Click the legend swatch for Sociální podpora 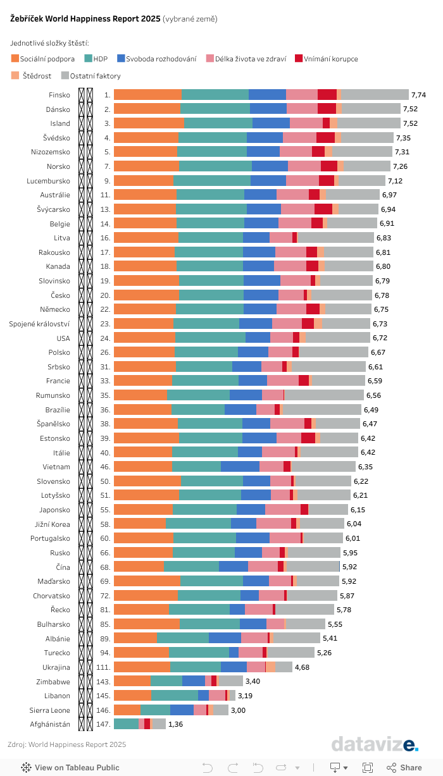pyautogui.click(x=15, y=59)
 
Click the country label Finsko pyautogui.click(x=59, y=95)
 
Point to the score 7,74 pyautogui.click(x=418, y=95)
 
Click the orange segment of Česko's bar pyautogui.click(x=146, y=295)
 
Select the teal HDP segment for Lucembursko pyautogui.click(x=211, y=180)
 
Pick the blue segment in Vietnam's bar pyautogui.click(x=240, y=467)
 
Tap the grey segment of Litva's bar pyautogui.click(x=335, y=237)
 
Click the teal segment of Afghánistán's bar pyautogui.click(x=126, y=724)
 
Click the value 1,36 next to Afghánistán pyautogui.click(x=175, y=724)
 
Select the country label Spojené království pyautogui.click(x=39, y=323)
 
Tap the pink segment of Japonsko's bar pyautogui.click(x=282, y=510)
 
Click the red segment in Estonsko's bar pyautogui.click(x=308, y=438)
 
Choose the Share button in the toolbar pyautogui.click(x=404, y=768)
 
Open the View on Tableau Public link pyautogui.click(x=70, y=768)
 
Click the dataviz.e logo pyautogui.click(x=375, y=744)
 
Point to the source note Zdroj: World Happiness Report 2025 pyautogui.click(x=66, y=744)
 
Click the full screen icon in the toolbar pyautogui.click(x=367, y=768)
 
